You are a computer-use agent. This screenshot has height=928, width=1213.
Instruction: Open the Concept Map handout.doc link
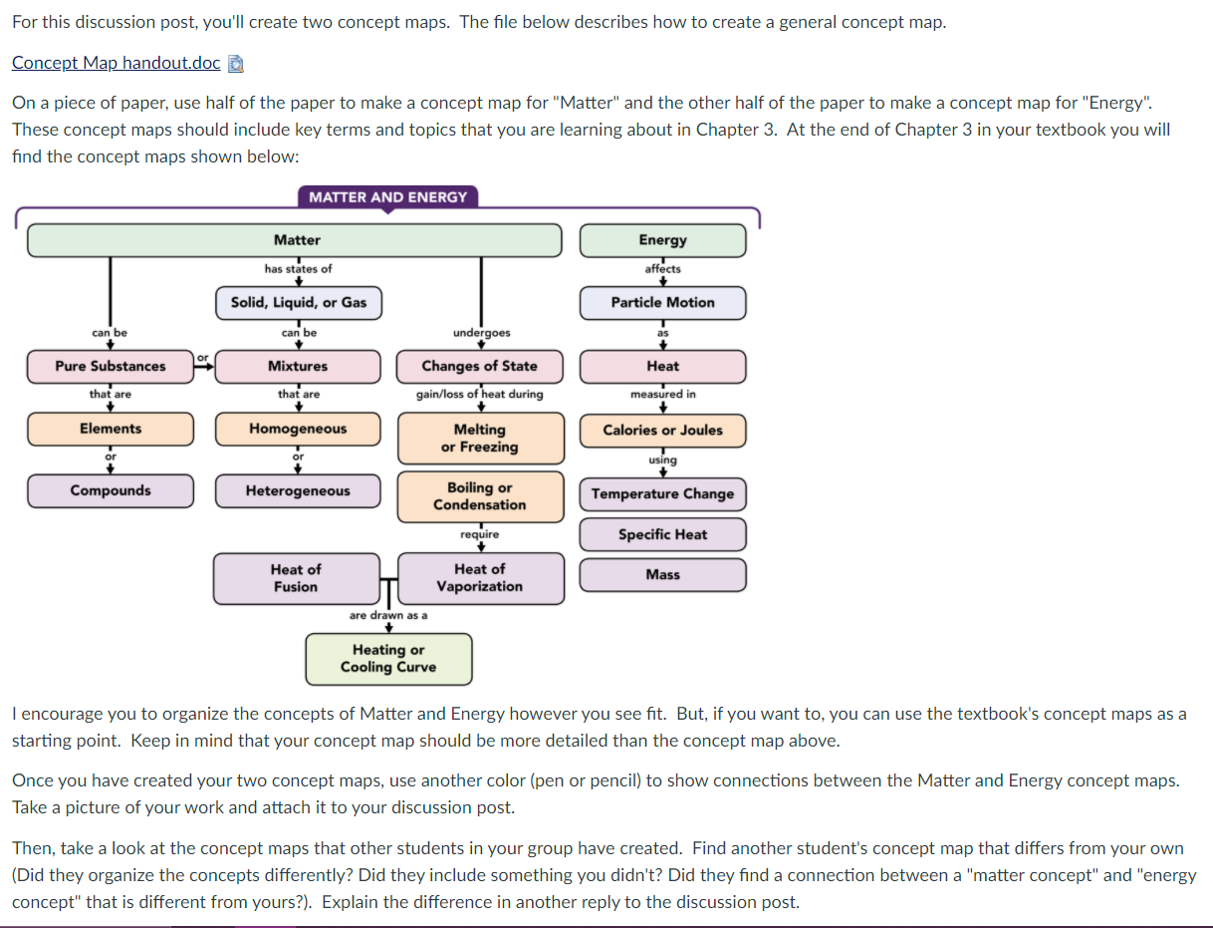117,63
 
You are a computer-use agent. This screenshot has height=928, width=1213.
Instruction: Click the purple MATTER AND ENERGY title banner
387,197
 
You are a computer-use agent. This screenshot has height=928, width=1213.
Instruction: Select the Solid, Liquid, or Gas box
299,302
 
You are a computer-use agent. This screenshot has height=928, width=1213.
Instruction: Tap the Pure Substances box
111,366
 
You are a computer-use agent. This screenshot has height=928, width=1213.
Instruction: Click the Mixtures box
298,366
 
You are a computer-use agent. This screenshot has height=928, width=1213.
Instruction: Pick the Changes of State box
479,366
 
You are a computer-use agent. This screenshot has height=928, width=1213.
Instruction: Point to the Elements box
111,429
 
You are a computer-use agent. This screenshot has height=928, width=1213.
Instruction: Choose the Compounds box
111,490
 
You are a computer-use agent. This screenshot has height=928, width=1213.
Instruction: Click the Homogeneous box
298,429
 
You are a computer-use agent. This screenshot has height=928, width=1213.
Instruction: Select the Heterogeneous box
298,491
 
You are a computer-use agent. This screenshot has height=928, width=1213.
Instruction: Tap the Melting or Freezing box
480,439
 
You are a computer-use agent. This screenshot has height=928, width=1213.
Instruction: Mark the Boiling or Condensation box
480,496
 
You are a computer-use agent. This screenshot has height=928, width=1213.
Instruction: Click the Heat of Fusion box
296,578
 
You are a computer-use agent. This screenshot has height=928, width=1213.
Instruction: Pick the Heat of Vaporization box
480,578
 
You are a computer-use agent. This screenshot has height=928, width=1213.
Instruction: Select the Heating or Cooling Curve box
388,659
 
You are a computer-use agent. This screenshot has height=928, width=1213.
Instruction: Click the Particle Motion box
662,302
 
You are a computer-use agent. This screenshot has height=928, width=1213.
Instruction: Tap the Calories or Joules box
662,431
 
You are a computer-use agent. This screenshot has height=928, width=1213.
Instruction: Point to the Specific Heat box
662,534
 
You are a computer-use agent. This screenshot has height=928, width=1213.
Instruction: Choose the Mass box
662,574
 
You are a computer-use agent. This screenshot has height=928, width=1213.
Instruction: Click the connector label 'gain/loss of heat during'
480,394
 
